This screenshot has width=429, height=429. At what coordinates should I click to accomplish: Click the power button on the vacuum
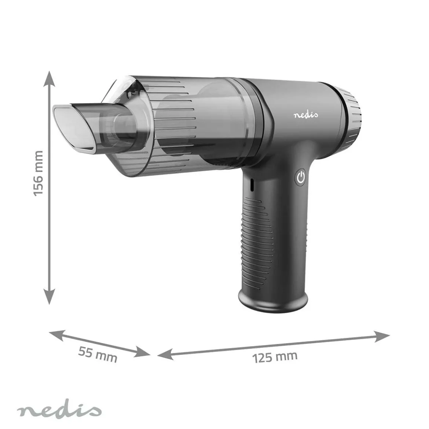[x=301, y=177]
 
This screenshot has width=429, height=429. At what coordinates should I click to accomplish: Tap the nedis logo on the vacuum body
[x=306, y=115]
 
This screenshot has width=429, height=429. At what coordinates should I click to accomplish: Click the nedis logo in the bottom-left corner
[x=59, y=411]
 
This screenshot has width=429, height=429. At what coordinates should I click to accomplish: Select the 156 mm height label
[x=38, y=173]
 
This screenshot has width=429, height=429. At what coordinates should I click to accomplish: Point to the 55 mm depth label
[x=98, y=355]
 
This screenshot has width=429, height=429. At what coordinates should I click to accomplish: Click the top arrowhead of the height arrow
[x=49, y=79]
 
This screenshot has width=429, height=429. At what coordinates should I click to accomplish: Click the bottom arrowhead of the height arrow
[x=49, y=296]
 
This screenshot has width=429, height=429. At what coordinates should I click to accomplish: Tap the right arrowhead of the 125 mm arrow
[x=382, y=336]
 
